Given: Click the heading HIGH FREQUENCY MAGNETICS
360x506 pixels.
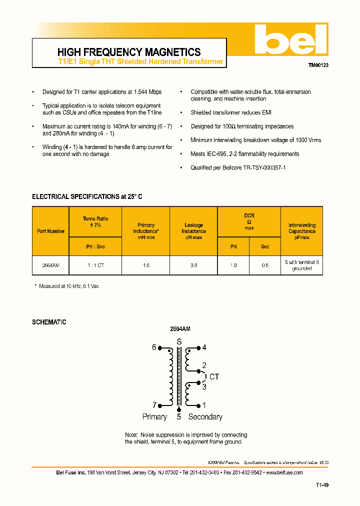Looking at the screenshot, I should click(129, 52).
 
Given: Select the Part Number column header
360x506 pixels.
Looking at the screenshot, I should click(51, 231).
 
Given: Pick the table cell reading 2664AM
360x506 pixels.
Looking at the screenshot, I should click(51, 265).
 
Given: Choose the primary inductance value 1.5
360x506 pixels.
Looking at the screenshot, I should click(146, 265).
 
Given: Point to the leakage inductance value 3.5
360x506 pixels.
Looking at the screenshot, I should click(193, 265).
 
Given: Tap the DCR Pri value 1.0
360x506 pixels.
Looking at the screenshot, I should click(233, 265).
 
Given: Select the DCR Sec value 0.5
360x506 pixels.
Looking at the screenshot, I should click(265, 265).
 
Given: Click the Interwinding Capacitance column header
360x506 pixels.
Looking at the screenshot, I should click(302, 231).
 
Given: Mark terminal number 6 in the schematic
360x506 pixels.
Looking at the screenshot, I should click(154, 347).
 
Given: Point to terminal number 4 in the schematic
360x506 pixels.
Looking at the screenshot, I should click(204, 347).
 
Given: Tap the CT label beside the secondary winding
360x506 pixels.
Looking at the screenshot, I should click(214, 377).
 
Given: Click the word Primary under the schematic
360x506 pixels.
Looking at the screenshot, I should click(154, 416).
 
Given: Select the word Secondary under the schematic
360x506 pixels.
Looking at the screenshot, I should click(205, 416).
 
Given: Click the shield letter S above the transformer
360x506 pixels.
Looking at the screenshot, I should click(179, 341).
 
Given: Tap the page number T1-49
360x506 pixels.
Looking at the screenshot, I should click(322, 485).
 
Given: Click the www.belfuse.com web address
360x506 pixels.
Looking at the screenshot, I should click(284, 472).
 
